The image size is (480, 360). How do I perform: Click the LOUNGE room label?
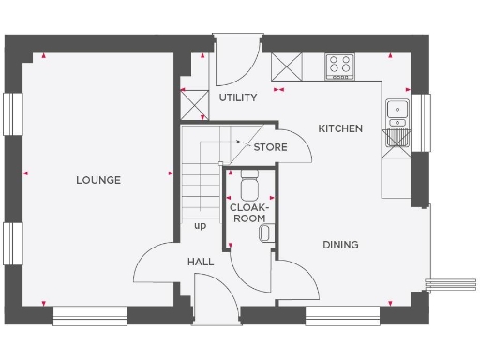point(98,180)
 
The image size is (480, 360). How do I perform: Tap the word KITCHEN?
point(339,128)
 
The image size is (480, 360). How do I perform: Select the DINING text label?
point(340,245)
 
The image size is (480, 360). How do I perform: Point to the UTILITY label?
point(237,97)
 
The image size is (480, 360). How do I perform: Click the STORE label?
point(270,146)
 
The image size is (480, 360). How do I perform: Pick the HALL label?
point(200,262)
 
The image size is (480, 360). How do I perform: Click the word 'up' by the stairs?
point(200,225)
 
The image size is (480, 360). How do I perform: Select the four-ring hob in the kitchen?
point(338,67)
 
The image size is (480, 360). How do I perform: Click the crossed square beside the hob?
point(286,67)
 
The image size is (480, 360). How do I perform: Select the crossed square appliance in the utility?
point(194,102)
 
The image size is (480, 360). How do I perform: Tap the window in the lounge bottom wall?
point(89,315)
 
